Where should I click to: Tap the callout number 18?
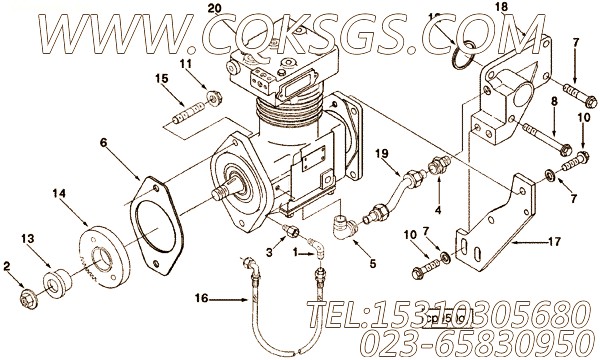point(529,7)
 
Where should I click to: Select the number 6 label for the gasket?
point(102,143)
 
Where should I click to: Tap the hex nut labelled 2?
point(23,297)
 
